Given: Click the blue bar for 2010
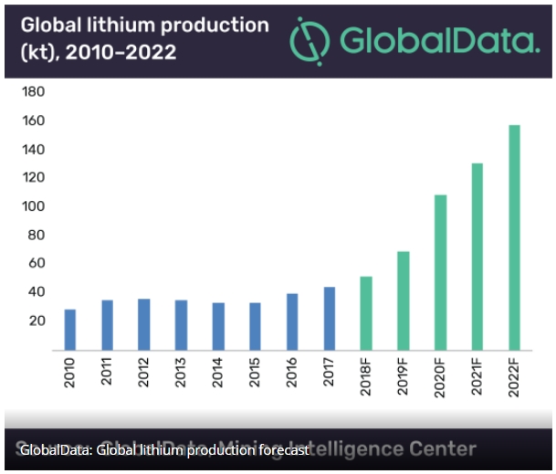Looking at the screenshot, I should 70,330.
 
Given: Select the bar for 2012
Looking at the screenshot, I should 144,324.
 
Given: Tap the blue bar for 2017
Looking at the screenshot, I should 329,318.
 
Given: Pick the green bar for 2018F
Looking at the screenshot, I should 366,312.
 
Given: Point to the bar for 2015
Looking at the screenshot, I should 255,326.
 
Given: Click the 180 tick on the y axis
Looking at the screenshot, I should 35,92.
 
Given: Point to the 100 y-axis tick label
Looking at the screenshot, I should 35,206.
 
